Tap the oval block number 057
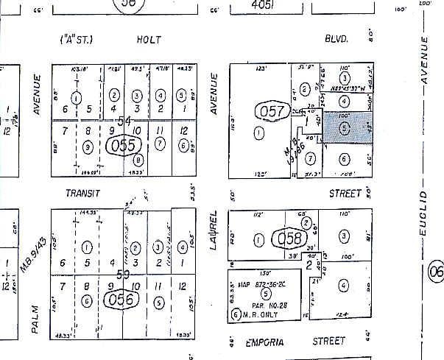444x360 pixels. pyautogui.click(x=270, y=113)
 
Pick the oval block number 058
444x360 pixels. pyautogui.click(x=286, y=239)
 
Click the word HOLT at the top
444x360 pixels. pyautogui.click(x=149, y=40)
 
